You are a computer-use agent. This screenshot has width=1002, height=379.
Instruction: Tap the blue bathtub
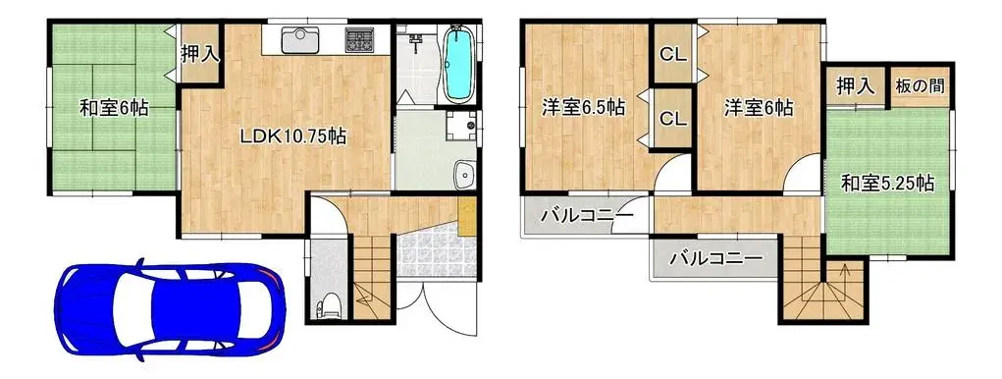coord(457,65)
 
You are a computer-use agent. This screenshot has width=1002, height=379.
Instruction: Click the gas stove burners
coord(360,41)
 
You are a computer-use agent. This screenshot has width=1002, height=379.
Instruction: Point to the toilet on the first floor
coord(329,306)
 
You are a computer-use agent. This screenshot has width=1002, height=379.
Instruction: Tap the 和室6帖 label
coord(115,108)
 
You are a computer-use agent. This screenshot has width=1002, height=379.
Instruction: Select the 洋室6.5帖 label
coord(585,108)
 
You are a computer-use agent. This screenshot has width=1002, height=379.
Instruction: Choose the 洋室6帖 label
coord(760,108)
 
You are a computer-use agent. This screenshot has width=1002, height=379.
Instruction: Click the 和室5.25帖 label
coord(887,183)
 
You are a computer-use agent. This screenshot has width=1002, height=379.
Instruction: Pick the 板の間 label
coord(921,86)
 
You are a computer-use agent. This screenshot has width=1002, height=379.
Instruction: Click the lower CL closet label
coord(672,120)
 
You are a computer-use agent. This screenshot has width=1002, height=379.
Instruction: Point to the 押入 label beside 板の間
coord(855,86)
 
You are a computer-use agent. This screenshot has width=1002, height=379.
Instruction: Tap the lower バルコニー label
coord(715,260)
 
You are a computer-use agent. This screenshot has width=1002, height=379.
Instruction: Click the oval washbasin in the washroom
coord(464,176)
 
